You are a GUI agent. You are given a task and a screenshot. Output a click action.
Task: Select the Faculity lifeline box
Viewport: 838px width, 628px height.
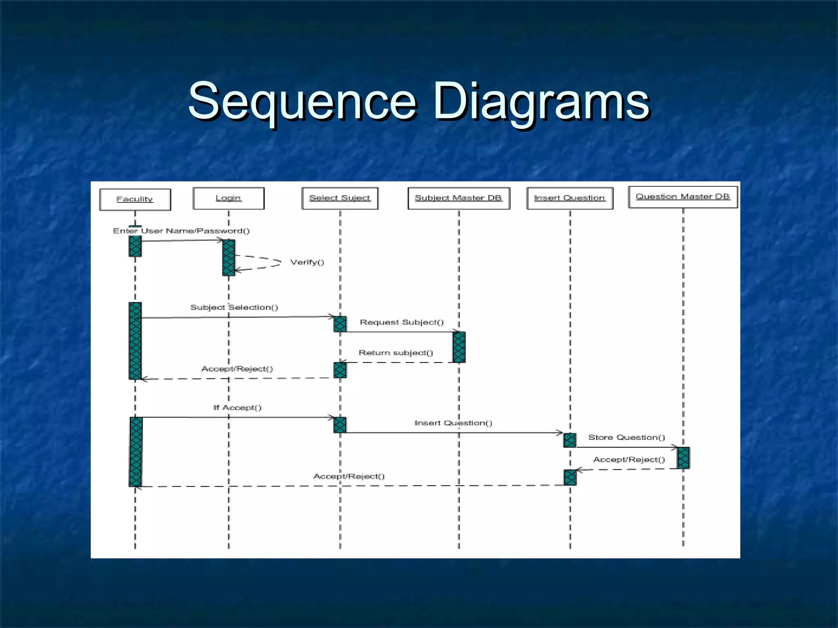135,200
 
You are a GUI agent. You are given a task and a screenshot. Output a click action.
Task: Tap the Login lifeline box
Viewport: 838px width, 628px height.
228,198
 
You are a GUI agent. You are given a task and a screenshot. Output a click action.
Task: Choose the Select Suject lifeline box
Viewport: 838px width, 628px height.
340,198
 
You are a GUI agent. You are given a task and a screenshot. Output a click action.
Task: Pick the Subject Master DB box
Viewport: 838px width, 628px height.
459,198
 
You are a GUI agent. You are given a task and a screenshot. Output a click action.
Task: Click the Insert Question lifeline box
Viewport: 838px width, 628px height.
570,198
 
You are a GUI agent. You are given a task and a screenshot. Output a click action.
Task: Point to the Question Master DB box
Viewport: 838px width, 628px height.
683,197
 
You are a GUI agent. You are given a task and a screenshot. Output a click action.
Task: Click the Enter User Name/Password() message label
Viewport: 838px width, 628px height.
181,231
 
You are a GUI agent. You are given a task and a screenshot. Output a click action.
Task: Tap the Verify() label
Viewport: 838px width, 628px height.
307,262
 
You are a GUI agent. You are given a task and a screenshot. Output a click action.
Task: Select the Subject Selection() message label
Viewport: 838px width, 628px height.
234,307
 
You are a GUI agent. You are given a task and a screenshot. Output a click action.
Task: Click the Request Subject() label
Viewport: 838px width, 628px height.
401,322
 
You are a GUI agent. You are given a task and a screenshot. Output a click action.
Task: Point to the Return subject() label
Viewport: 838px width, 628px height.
396,353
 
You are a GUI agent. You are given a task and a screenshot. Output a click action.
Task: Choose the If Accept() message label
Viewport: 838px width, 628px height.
237,408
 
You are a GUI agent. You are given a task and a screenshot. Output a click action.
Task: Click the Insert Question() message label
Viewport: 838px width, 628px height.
453,423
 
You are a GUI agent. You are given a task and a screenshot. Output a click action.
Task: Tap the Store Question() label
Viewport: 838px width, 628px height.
626,437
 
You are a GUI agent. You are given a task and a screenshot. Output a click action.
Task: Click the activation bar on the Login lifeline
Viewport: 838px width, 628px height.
229,258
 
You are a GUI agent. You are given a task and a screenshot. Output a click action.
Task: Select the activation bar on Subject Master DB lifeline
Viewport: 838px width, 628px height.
459,347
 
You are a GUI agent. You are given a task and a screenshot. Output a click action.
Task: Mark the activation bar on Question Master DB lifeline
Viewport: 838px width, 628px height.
683,458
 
